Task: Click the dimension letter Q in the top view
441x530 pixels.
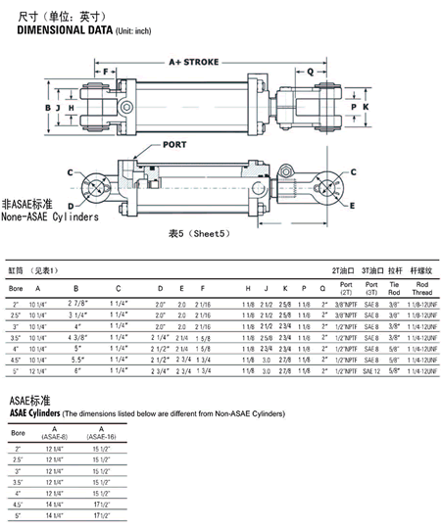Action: pos(311,71)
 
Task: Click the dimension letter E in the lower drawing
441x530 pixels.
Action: pos(351,205)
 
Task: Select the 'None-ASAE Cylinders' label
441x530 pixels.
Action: pos(50,217)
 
